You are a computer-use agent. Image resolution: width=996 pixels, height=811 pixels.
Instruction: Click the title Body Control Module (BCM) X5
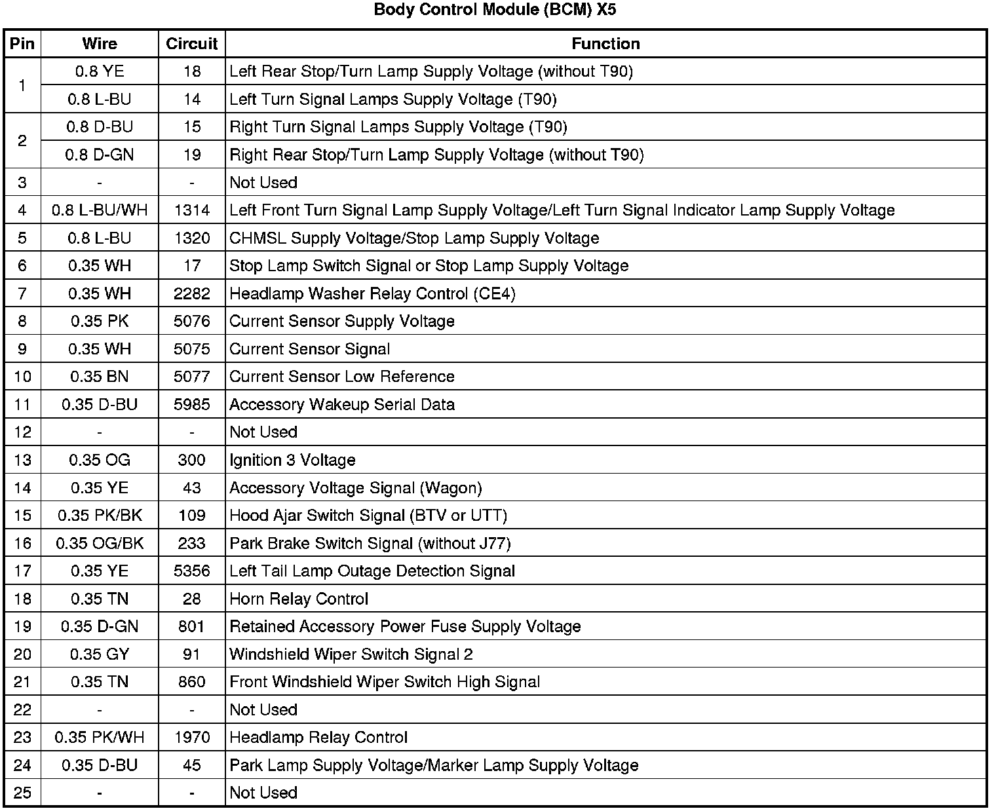(495, 10)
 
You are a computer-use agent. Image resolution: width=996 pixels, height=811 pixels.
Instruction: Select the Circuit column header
(191, 44)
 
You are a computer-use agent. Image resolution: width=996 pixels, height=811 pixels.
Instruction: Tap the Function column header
(605, 44)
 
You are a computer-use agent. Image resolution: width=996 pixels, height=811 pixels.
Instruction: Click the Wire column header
(100, 44)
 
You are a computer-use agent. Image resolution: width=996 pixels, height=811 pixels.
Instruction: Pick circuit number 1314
(191, 210)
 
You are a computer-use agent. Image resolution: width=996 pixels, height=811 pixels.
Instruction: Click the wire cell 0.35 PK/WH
(100, 738)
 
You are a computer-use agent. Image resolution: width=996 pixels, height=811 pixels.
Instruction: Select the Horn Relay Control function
(299, 599)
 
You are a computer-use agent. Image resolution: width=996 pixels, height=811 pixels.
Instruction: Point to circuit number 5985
(191, 404)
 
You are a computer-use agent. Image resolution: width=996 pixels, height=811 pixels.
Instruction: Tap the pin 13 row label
(22, 460)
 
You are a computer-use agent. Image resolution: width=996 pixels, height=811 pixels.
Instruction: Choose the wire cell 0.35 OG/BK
(100, 543)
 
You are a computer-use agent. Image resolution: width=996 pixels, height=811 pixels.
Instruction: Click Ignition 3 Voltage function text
(292, 460)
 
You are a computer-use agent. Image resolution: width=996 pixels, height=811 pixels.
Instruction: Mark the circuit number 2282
(191, 293)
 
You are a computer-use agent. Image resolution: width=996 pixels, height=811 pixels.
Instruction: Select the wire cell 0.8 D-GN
(100, 155)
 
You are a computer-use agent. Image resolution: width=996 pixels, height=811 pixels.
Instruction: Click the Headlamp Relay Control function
(318, 738)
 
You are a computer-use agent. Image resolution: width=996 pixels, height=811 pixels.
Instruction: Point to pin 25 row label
(22, 793)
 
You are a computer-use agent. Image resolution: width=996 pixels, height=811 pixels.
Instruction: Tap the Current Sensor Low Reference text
(341, 377)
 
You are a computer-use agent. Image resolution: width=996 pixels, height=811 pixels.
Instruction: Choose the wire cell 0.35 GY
(100, 654)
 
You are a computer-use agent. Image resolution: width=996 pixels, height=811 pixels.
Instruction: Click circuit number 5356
(191, 571)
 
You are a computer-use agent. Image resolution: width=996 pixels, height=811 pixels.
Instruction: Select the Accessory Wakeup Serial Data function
(341, 404)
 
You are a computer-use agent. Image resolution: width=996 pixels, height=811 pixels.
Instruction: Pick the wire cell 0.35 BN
(100, 377)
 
